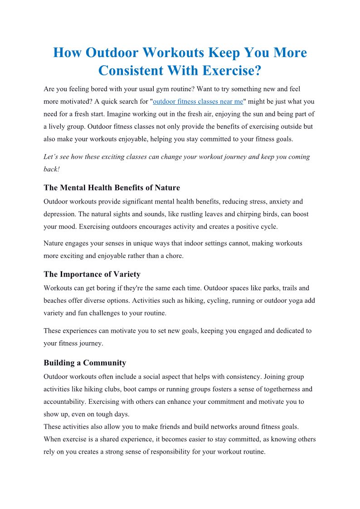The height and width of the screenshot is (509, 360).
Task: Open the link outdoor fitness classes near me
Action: click(198, 102)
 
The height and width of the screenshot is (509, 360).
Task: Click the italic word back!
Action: click(52, 169)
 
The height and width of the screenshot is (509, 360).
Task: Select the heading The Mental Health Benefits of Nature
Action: click(112, 188)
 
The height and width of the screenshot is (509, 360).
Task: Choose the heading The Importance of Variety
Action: click(92, 274)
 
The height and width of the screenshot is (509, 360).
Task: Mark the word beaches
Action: click(56, 301)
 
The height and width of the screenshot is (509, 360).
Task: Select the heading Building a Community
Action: click(85, 363)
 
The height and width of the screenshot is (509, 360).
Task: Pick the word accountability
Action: click(64, 402)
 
